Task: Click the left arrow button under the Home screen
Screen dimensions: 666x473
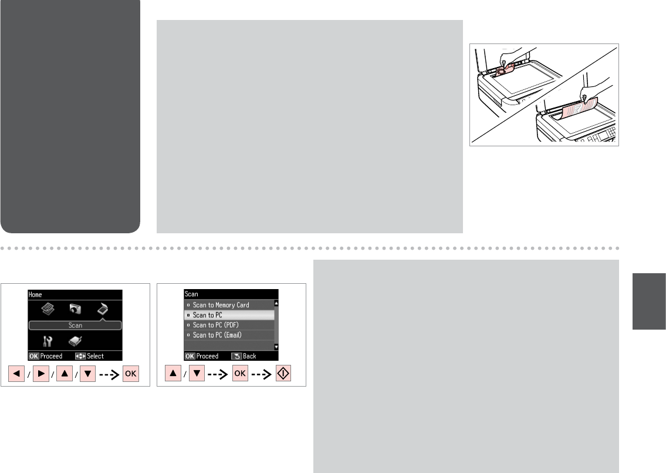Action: point(16,374)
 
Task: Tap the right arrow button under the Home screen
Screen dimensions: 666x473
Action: point(40,374)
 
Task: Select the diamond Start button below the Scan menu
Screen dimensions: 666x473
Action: point(283,374)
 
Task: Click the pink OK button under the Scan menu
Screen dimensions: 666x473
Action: point(240,374)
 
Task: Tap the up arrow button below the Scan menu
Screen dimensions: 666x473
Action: point(173,374)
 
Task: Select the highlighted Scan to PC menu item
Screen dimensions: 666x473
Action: point(229,315)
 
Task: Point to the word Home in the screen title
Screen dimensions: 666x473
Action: point(35,294)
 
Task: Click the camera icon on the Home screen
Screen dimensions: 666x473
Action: point(75,309)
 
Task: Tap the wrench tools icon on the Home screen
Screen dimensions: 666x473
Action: point(48,341)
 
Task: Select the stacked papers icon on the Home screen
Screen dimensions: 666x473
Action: point(48,309)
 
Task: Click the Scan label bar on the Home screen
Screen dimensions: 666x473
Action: point(75,326)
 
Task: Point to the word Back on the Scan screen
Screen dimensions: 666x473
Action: point(249,356)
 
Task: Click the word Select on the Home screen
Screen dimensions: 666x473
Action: point(95,356)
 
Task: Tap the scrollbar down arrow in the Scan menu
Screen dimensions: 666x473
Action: point(276,347)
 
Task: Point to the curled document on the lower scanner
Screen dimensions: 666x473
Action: point(580,110)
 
